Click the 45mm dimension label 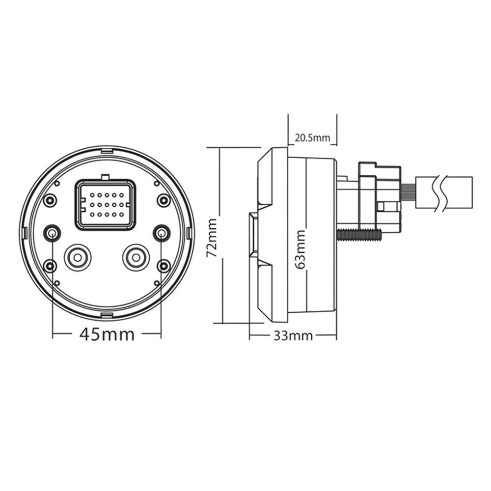pos(107,334)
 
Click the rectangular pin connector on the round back pos(105,204)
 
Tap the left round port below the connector pos(78,257)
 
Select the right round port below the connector pos(135,257)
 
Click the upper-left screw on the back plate pos(50,200)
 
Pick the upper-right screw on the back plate pos(163,200)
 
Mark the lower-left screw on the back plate pos(50,266)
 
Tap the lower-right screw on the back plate pos(163,266)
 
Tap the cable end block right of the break pos(462,193)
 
